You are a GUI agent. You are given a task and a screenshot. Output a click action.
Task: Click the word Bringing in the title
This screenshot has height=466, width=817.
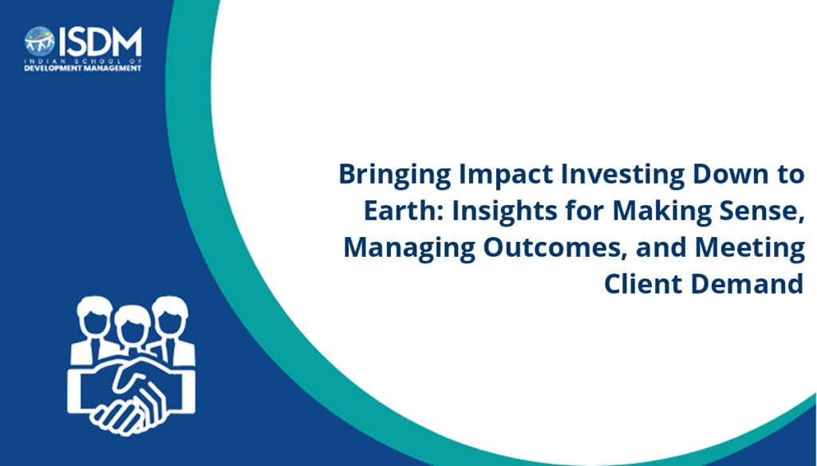[395, 175]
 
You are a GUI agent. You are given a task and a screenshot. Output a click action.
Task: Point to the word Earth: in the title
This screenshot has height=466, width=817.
[403, 211]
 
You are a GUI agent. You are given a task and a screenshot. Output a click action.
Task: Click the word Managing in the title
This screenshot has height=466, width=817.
[409, 248]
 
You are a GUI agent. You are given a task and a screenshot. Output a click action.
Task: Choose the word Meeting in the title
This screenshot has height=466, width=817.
[750, 248]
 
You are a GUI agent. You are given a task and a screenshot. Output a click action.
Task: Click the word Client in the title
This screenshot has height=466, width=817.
[643, 283]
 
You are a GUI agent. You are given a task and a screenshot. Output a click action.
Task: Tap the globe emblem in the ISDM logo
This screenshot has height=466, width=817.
[40, 41]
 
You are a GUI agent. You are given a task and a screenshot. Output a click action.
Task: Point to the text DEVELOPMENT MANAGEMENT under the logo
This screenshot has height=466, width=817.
[83, 69]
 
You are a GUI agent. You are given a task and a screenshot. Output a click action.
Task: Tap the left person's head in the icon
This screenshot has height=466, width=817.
[94, 315]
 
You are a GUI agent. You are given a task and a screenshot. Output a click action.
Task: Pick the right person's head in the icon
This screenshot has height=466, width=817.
[170, 315]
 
